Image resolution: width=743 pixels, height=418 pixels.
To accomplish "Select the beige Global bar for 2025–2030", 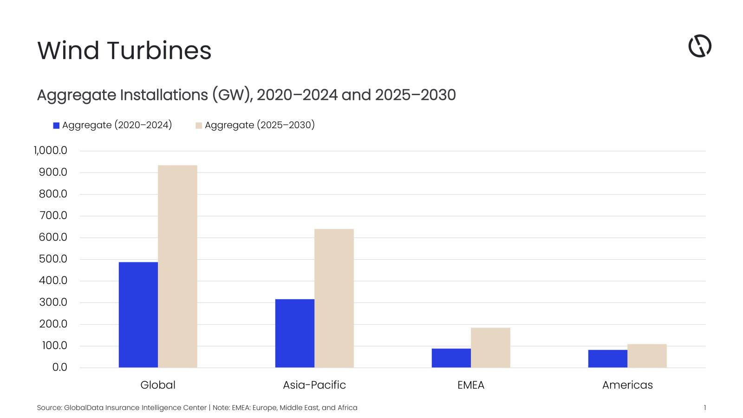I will [177, 267].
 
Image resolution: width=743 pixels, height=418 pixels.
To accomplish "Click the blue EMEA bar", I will [451, 358].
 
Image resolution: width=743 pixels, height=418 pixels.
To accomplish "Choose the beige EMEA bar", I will [490, 348].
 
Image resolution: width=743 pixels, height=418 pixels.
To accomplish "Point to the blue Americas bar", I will [607, 359].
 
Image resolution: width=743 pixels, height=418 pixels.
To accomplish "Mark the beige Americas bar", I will [647, 356].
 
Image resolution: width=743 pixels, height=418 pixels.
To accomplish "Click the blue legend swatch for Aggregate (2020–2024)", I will [56, 125].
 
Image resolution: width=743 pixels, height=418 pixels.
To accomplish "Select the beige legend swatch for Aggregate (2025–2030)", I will [199, 125].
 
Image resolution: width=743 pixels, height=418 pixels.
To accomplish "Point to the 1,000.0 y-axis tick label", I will [50, 150].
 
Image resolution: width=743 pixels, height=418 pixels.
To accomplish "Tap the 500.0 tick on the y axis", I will [53, 259].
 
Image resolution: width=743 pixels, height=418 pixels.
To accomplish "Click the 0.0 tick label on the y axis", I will [59, 367].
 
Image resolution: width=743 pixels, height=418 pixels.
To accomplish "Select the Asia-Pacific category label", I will [314, 385].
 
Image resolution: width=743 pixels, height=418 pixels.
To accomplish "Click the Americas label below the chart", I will [627, 385].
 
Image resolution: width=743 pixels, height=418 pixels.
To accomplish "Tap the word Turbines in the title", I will [160, 51].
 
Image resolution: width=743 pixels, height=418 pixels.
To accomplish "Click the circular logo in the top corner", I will [699, 46].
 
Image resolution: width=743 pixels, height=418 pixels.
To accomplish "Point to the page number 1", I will [704, 408].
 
